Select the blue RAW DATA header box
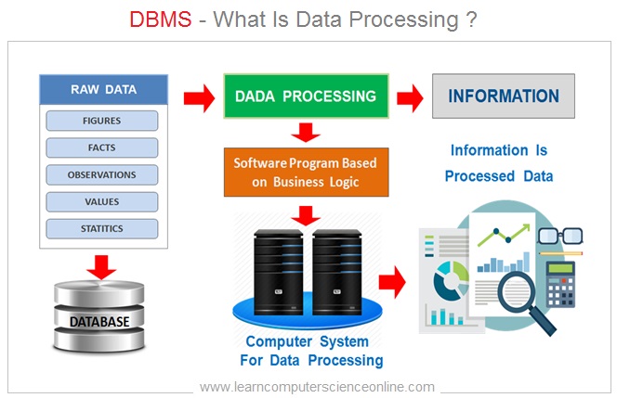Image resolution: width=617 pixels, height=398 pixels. pyautogui.click(x=103, y=90)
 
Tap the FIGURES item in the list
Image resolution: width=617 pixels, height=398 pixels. pyautogui.click(x=102, y=121)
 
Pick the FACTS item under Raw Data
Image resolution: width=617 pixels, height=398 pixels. pyautogui.click(x=102, y=148)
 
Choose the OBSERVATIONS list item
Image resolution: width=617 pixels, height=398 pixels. pyautogui.click(x=102, y=174)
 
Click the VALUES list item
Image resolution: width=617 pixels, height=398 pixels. pyautogui.click(x=102, y=201)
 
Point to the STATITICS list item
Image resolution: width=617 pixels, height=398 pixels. pyautogui.click(x=102, y=228)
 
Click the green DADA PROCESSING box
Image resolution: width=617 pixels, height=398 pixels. pyautogui.click(x=304, y=96)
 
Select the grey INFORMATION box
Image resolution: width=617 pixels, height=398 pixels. pyautogui.click(x=504, y=96)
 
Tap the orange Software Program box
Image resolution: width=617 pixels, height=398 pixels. pyautogui.click(x=306, y=172)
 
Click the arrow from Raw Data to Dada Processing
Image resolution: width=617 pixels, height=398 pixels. pyautogui.click(x=196, y=96)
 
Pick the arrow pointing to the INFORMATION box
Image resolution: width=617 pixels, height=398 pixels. pyautogui.click(x=410, y=96)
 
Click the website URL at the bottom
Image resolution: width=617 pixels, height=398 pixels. pyautogui.click(x=317, y=386)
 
